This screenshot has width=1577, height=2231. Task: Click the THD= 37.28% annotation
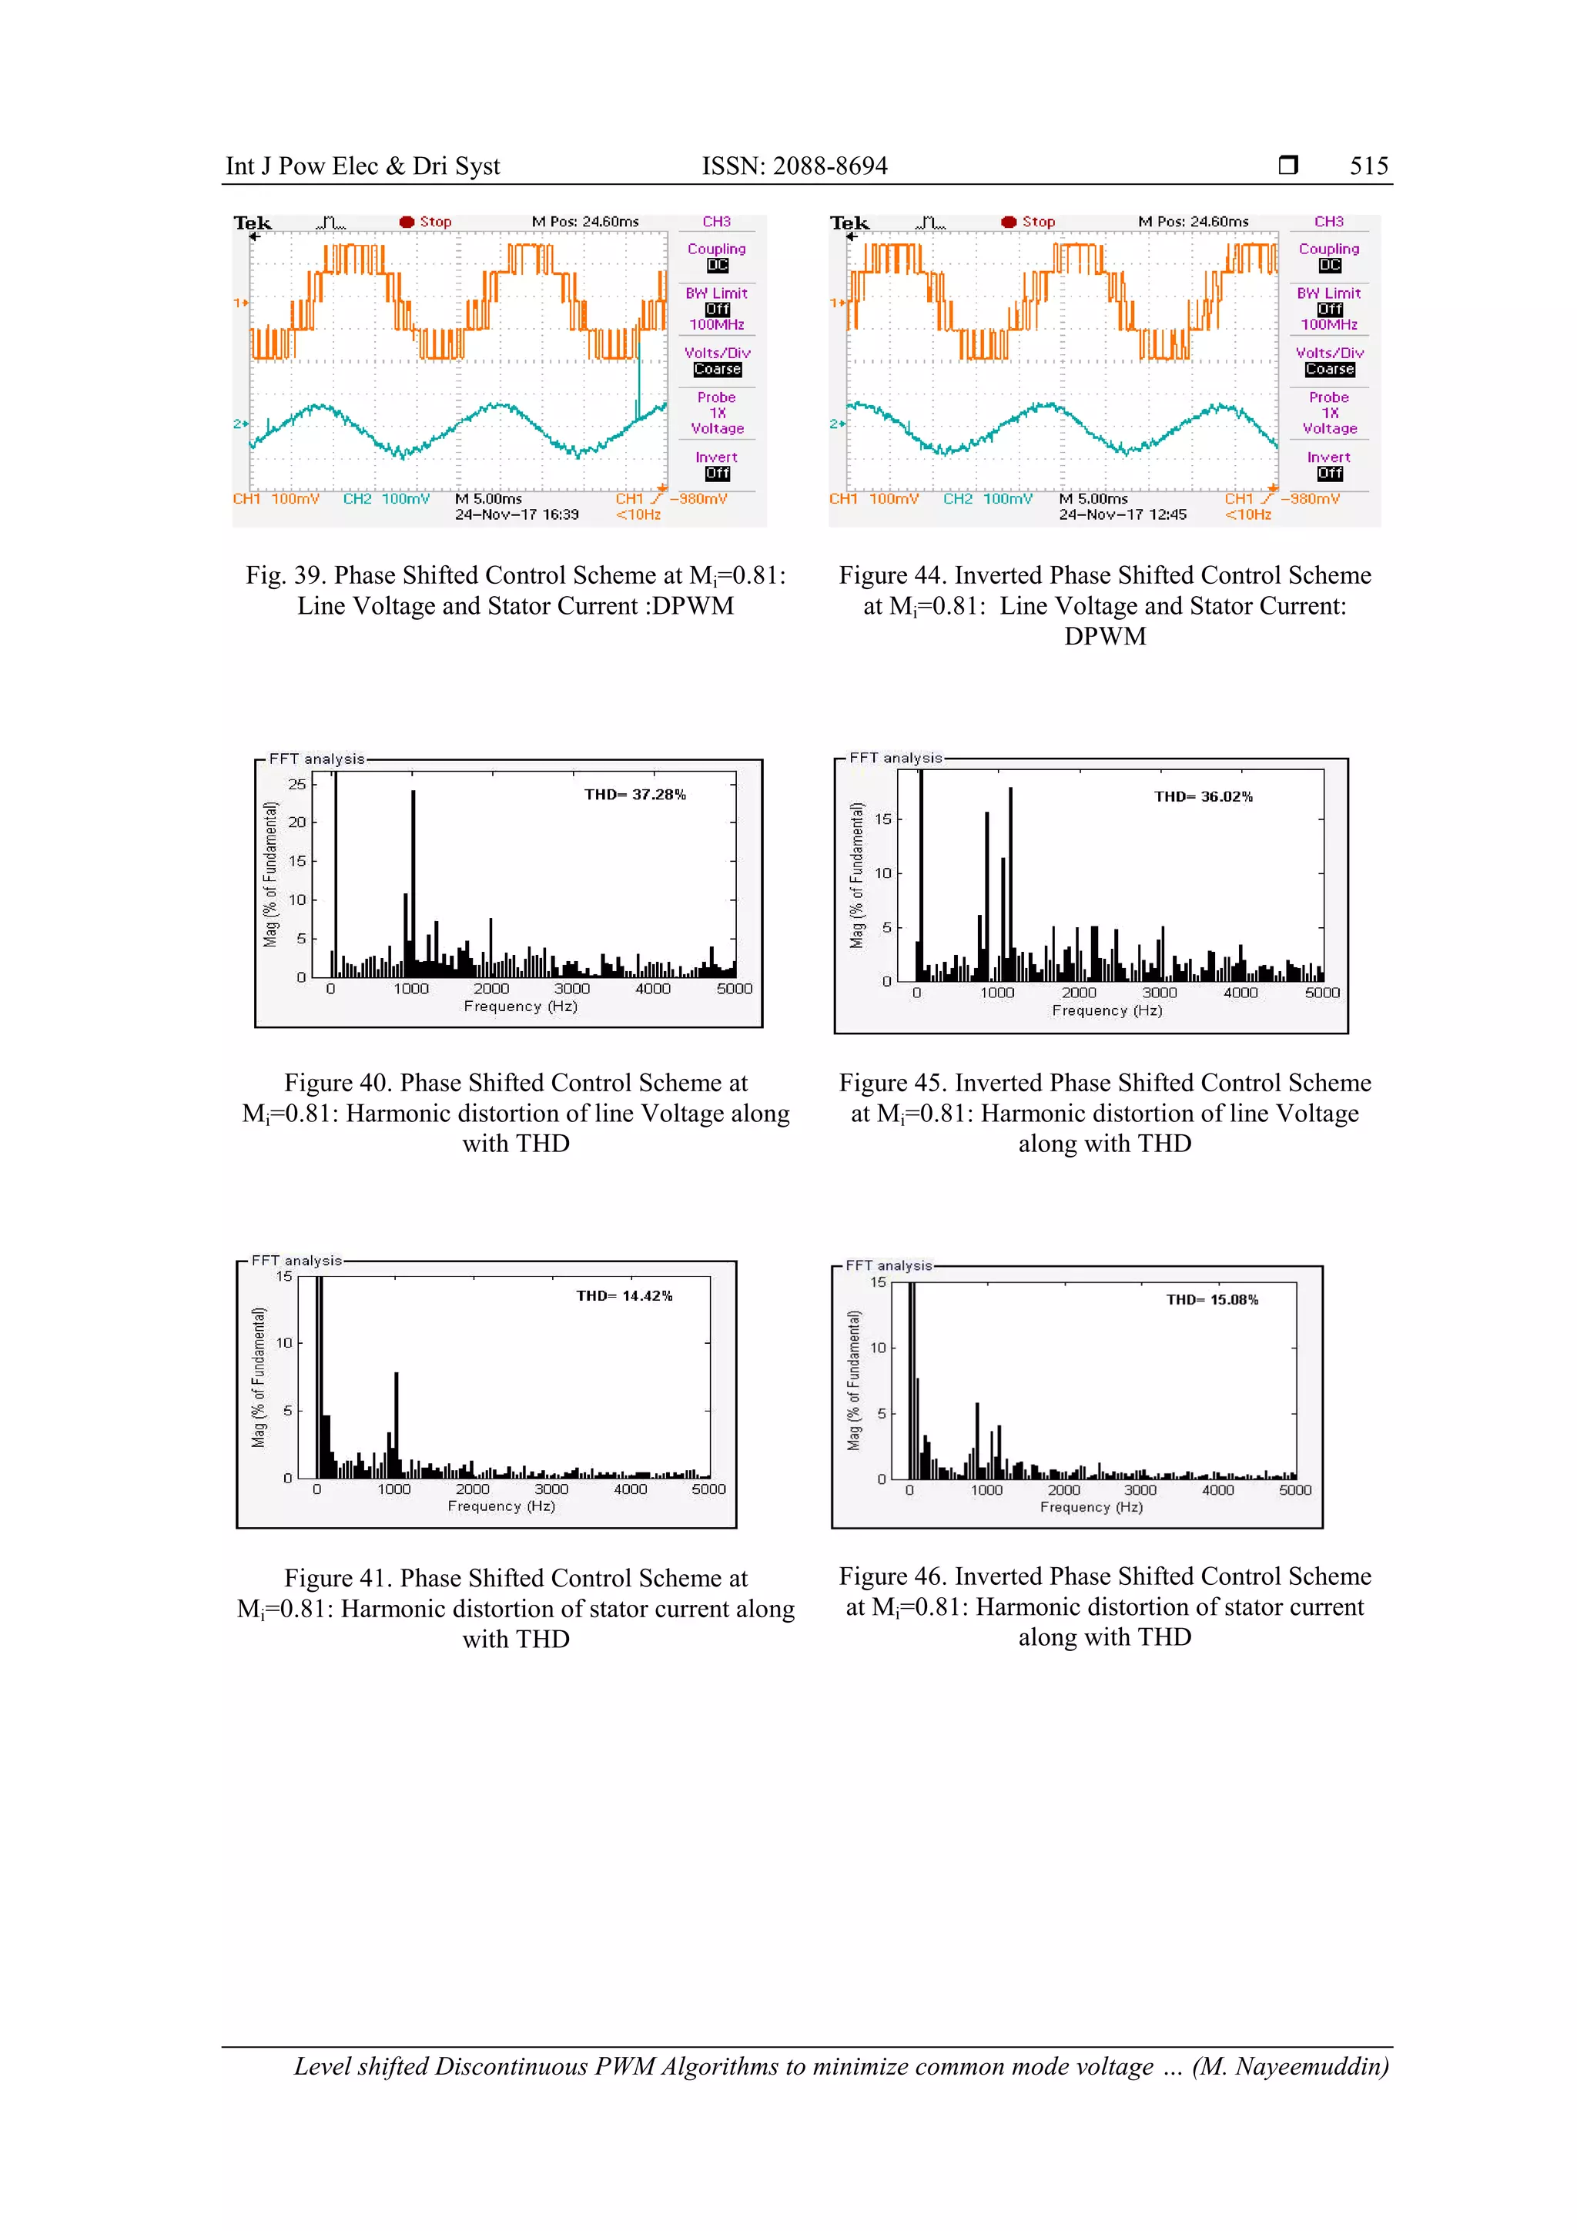pos(634,795)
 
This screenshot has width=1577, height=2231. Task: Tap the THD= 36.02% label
pos(1203,797)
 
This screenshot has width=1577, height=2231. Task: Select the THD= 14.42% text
pos(624,1296)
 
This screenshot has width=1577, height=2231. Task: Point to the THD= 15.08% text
pos(1212,1300)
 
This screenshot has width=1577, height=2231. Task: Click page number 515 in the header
pos(1368,166)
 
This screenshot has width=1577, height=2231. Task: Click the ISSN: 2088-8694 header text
pos(794,166)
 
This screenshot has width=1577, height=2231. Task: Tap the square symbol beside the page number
pos(1287,165)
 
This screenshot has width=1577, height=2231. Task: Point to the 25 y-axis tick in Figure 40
pos(296,784)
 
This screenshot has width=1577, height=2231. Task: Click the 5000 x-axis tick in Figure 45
pos(1321,993)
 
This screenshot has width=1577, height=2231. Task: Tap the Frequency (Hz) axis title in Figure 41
pos(501,1506)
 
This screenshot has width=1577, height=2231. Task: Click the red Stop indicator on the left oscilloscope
pos(426,223)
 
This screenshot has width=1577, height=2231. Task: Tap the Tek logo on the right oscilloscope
pos(849,223)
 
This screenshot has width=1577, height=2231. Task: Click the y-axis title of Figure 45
pos(856,875)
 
